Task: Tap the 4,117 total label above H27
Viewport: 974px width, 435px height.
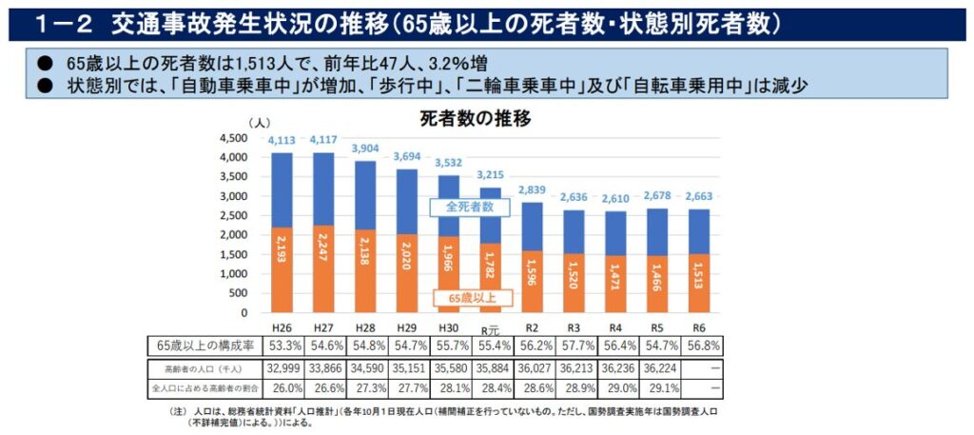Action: pos(328,141)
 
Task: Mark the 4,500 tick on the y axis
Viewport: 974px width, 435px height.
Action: pos(233,139)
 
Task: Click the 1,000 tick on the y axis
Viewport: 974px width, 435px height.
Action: pos(233,274)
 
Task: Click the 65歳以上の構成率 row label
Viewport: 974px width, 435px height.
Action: pos(201,345)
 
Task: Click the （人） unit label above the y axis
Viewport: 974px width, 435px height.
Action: pos(260,123)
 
